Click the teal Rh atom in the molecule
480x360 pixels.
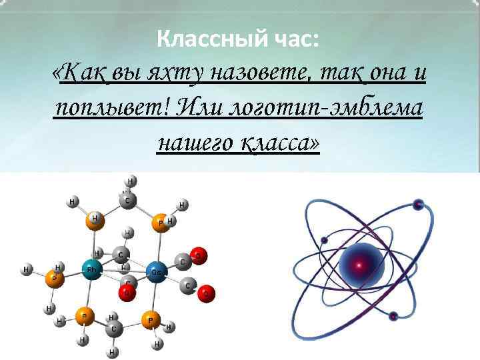click(x=91, y=269)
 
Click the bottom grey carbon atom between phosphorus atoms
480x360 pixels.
click(x=115, y=329)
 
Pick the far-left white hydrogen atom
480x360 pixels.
click(x=27, y=269)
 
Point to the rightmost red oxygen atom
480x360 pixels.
click(x=207, y=292)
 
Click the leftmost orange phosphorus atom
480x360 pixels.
click(x=55, y=281)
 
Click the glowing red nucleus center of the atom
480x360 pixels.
click(x=359, y=265)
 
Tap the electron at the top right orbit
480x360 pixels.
click(x=418, y=204)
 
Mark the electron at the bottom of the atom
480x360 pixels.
click(x=393, y=315)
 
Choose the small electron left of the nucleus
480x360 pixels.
click(x=325, y=240)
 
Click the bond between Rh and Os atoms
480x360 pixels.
click(x=123, y=270)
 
